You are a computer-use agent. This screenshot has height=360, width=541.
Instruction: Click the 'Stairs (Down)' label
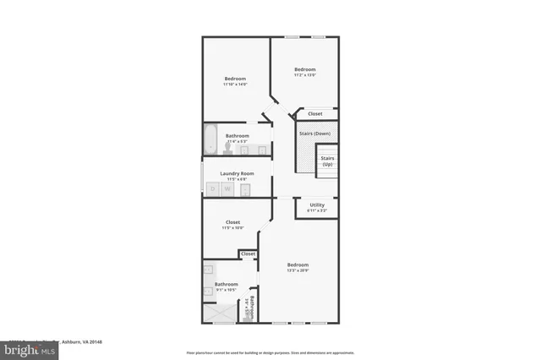(314, 134)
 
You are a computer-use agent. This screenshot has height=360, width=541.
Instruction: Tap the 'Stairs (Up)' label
(326, 161)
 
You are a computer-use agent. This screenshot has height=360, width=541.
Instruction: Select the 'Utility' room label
(317, 205)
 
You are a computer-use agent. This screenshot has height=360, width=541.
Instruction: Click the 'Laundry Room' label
(237, 173)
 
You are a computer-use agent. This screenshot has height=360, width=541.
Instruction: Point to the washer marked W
(227, 189)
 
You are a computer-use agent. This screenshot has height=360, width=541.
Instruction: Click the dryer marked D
(211, 189)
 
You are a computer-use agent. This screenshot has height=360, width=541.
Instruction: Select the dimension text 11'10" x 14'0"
(234, 85)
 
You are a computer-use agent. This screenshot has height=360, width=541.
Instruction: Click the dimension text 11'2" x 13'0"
(304, 75)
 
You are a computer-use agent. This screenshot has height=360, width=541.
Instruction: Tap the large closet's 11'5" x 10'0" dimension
(232, 228)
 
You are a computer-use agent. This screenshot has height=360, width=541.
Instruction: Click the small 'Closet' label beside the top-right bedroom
(314, 113)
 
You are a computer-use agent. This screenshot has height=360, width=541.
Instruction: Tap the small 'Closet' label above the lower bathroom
(248, 254)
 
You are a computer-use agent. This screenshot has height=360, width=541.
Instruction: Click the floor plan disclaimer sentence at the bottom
(270, 352)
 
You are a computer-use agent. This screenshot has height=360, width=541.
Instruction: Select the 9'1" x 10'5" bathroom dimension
(226, 290)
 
